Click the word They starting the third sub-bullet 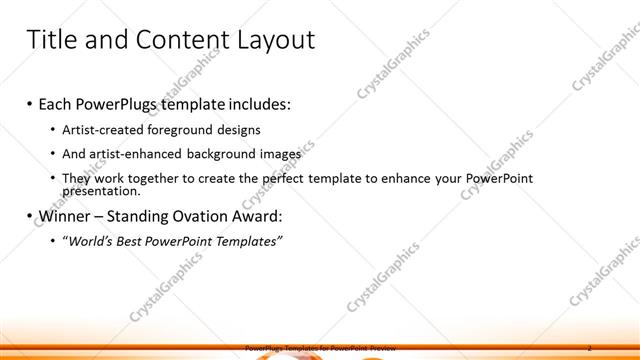coord(76,178)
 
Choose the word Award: coord(256,216)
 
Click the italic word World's coord(90,241)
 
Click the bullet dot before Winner coord(30,216)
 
